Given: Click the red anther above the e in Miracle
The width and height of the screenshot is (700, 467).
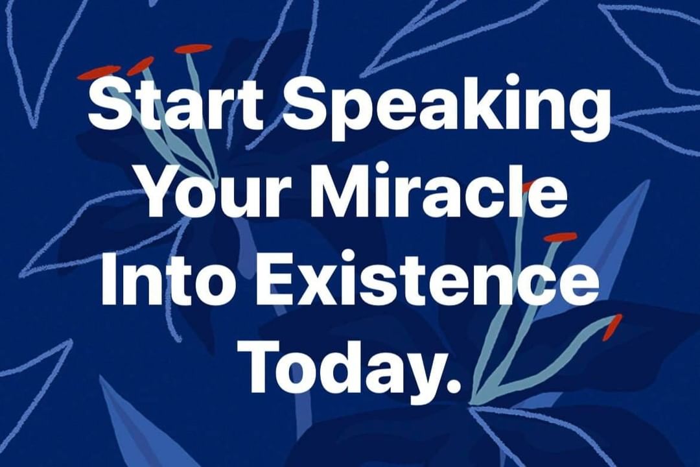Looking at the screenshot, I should (560, 237).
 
